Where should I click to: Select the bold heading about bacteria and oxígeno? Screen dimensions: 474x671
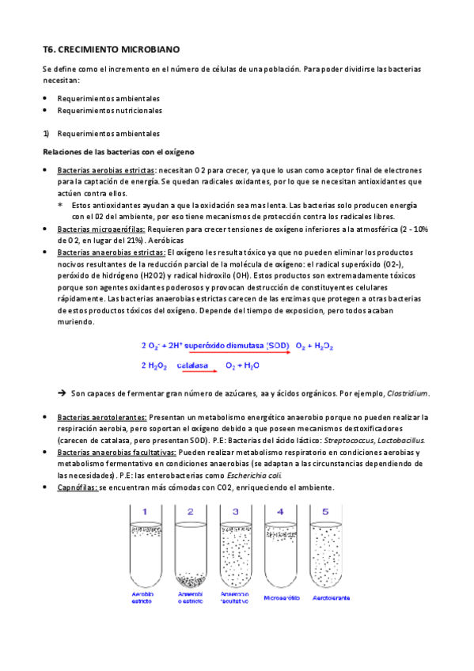pyautogui.click(x=119, y=151)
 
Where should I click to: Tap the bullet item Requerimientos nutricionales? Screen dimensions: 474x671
pyautogui.click(x=109, y=111)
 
